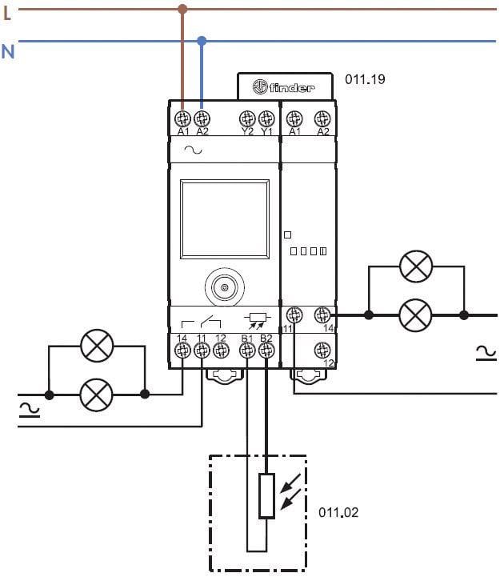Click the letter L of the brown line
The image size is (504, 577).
point(7,11)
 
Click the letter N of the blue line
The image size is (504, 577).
point(7,51)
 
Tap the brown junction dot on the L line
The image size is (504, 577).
point(182,10)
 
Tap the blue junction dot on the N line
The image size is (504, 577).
point(202,40)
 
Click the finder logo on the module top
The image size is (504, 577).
point(285,87)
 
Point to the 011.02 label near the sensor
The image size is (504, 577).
point(338,512)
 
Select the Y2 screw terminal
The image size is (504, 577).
point(247,118)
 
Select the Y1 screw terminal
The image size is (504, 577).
point(266,118)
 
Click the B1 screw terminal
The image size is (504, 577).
point(247,349)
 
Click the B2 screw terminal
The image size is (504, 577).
point(266,349)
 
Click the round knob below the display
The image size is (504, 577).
point(225,287)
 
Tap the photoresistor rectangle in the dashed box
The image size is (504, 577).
point(266,496)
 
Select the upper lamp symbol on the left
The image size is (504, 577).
point(98,346)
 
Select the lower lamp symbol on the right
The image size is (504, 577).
point(415,315)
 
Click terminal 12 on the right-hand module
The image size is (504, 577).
point(322,350)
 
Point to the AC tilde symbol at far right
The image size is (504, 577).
point(486,351)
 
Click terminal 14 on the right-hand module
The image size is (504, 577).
point(322,315)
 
